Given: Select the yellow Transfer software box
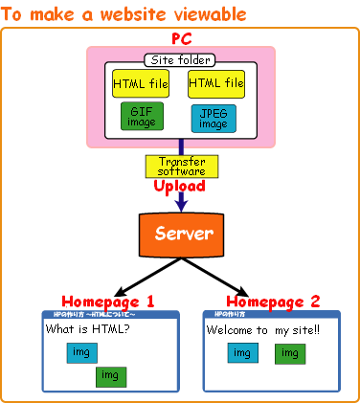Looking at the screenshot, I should tap(181, 167).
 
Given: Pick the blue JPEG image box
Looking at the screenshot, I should tap(214, 118).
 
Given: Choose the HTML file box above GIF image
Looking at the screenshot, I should tap(140, 84).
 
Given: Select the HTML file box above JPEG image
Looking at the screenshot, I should tap(215, 84).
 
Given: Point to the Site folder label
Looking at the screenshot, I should tap(180, 61).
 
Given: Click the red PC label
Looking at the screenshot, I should tap(181, 38).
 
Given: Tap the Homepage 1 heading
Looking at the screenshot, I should tap(108, 301).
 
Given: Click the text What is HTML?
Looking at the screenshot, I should tap(88, 330).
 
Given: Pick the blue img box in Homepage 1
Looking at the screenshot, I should tap(81, 353).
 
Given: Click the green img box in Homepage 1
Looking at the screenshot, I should tap(111, 374).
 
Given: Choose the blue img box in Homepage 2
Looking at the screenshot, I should tap(242, 353).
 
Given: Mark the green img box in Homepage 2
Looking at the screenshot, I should tap(290, 353).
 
